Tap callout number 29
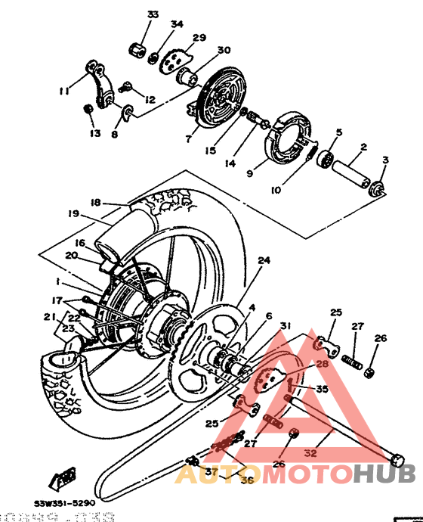click(x=199, y=38)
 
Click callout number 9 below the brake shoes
click(x=249, y=172)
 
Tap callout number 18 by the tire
click(x=95, y=203)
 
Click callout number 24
click(x=263, y=261)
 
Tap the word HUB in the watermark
click(x=384, y=474)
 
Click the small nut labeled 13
click(x=88, y=111)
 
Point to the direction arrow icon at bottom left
click(x=60, y=479)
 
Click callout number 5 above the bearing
click(x=339, y=132)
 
